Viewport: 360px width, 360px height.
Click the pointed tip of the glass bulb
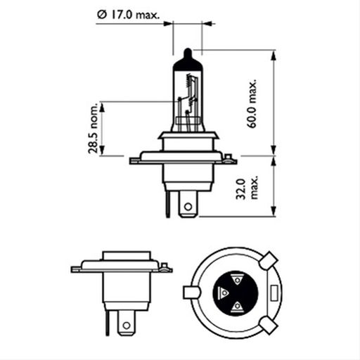click(186, 51)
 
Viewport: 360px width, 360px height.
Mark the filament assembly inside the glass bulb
click(186, 105)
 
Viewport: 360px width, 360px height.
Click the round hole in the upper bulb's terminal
click(187, 207)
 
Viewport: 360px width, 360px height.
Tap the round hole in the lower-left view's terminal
click(126, 324)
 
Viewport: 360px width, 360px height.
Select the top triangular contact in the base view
click(238, 278)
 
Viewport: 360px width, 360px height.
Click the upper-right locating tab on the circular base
click(266, 262)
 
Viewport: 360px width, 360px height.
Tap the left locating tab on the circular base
click(191, 292)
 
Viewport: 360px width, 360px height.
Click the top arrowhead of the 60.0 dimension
click(273, 53)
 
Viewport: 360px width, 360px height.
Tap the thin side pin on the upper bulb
click(167, 205)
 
